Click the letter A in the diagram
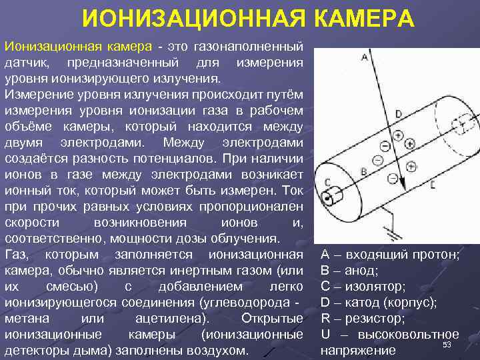click(x=364, y=58)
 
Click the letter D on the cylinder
click(x=398, y=114)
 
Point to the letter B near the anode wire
click(x=363, y=171)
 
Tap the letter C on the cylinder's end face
click(x=327, y=181)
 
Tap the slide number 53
click(x=447, y=344)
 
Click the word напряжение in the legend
click(x=357, y=350)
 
